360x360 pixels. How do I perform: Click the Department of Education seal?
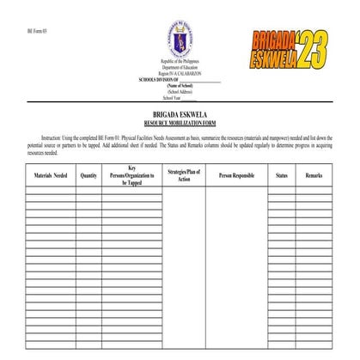coord(180,42)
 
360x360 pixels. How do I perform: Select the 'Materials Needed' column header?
coord(51,175)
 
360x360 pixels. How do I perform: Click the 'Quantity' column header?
coord(88,175)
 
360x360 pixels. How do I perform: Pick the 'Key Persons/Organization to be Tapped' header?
coord(132,175)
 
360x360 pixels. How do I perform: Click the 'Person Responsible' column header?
coord(236,175)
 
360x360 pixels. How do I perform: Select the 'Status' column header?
coord(282,175)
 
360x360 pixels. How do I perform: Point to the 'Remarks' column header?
coord(314,175)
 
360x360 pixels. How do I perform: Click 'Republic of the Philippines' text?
coord(180,64)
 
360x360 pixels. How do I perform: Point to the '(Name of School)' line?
coord(180,86)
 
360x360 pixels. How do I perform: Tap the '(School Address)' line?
coord(180,92)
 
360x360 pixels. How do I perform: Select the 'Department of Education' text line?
coord(180,70)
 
